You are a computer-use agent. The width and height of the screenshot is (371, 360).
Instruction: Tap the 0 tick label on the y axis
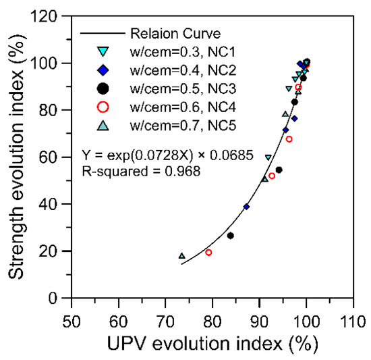tap(61, 298)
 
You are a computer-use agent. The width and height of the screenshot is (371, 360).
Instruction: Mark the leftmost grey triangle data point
tap(181, 256)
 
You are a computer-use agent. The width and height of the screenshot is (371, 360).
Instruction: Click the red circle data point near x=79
tap(208, 252)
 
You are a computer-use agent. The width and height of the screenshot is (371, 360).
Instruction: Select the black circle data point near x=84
tap(231, 236)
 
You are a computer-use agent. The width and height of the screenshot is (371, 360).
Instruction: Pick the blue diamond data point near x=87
tap(246, 207)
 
